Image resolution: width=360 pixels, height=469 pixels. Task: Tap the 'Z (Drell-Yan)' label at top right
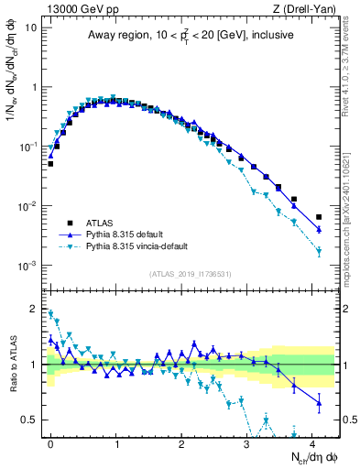[309, 8]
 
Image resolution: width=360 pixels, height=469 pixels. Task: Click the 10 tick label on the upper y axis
[31, 27]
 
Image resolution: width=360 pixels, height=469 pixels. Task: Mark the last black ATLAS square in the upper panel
[319, 217]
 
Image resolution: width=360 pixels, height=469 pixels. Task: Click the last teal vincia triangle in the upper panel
[319, 251]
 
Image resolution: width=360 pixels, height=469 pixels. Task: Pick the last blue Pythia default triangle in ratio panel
[319, 402]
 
